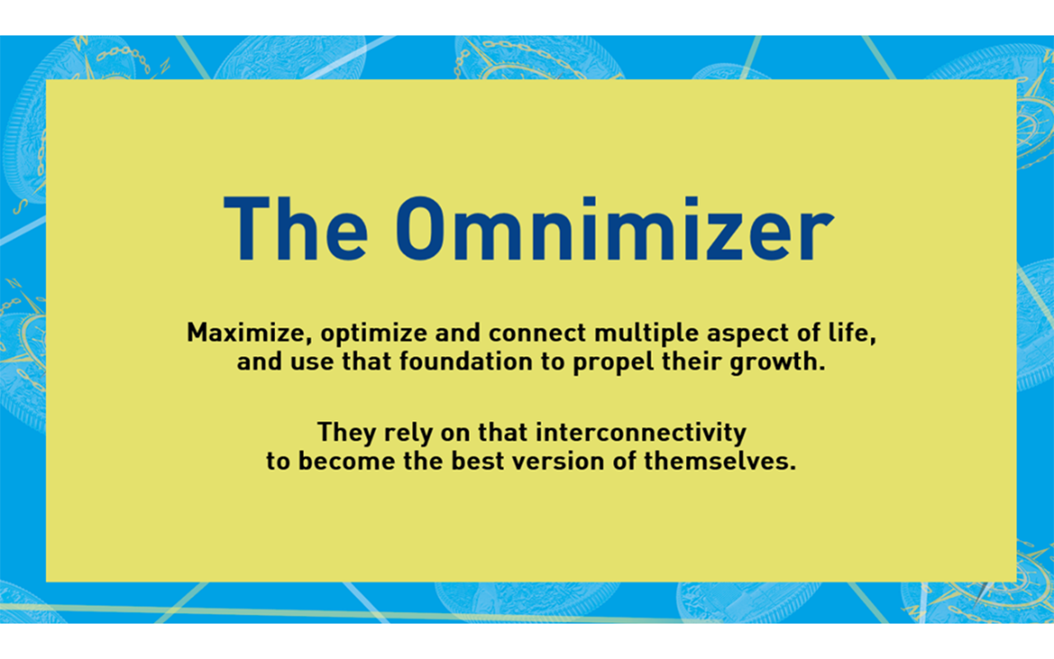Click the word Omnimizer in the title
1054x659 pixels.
(x=615, y=228)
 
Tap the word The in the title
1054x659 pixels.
(x=296, y=228)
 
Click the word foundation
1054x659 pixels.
(x=466, y=362)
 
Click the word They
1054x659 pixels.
(x=347, y=433)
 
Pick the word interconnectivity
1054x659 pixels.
(x=612, y=433)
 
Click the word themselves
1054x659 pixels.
(x=720, y=460)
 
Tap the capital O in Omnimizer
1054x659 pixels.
(x=420, y=228)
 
